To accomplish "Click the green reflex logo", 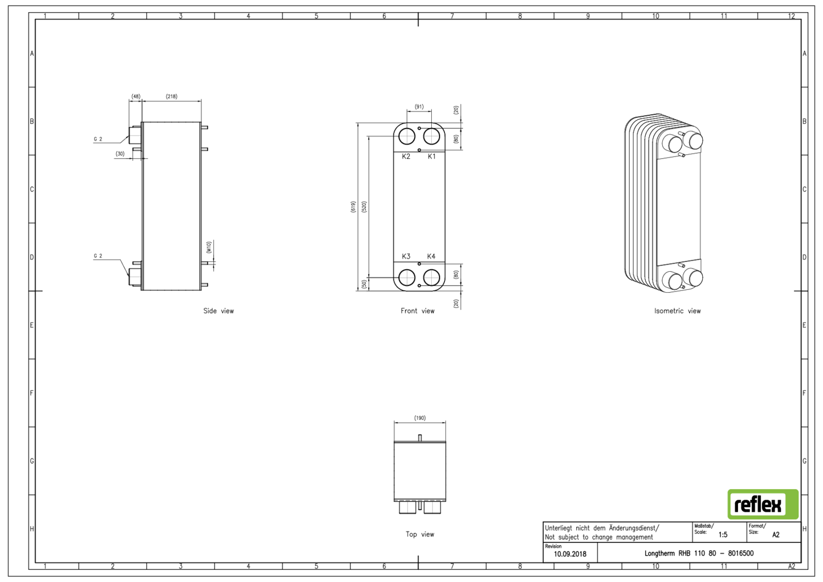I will click(763, 504).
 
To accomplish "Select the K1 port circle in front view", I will click(431, 136).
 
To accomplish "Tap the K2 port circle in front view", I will click(407, 136).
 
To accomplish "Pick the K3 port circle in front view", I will click(407, 277).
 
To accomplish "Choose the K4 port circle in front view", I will click(432, 277).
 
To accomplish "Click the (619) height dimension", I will click(353, 207).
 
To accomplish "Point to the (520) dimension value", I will click(364, 207).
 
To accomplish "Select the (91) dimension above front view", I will click(419, 107).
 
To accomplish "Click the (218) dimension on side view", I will click(171, 97).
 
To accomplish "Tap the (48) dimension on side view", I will click(136, 97).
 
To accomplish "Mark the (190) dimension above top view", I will click(420, 418).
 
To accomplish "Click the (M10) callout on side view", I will click(208, 247).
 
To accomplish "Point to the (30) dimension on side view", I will click(120, 154).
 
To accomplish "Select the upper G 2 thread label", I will click(98, 139).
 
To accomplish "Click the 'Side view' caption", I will click(218, 311).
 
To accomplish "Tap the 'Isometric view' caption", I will click(677, 311).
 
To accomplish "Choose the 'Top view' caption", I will click(420, 534).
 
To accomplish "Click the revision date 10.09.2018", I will click(570, 554).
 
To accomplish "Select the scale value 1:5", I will click(723, 534).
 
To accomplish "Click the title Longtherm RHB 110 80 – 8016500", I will click(698, 553).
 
